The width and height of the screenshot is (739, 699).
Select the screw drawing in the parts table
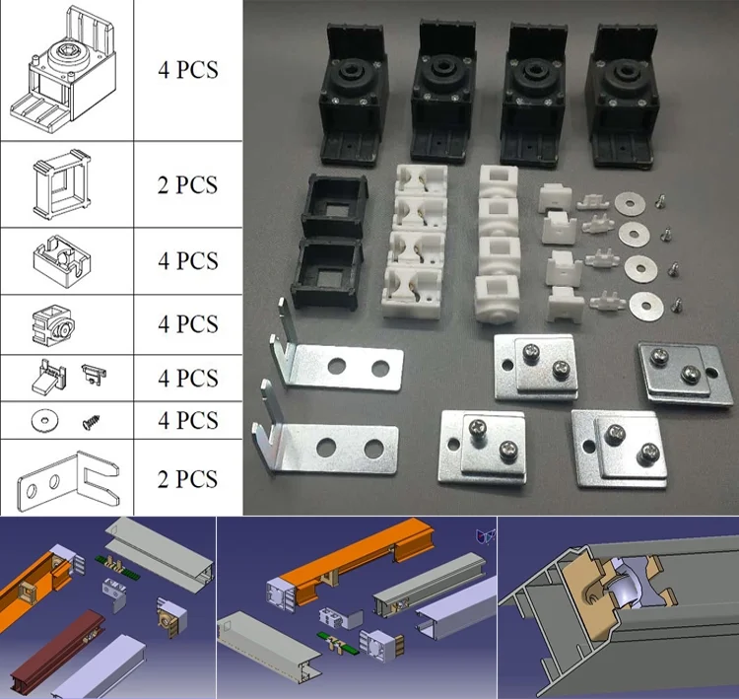point(92,422)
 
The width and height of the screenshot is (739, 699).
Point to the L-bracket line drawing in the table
point(68,481)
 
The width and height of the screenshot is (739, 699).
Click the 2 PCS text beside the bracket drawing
point(187,479)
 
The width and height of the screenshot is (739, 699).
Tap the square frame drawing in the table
point(62,185)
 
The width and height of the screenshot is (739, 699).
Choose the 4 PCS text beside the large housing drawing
point(187,70)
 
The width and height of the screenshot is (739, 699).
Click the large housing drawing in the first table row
point(64,70)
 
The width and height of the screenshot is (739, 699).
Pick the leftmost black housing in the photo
point(354,94)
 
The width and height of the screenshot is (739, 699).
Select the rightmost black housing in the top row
point(621,96)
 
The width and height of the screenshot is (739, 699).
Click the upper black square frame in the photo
point(335,206)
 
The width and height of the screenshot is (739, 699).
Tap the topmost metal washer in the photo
point(630,204)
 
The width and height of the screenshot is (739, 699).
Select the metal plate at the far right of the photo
point(686,374)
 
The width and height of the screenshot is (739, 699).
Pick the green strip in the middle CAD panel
point(337,642)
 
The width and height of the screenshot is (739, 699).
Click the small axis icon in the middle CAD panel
point(486,536)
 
